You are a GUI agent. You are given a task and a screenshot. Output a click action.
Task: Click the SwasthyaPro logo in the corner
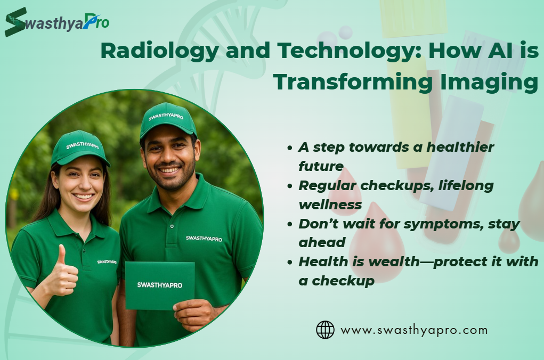click(x=57, y=22)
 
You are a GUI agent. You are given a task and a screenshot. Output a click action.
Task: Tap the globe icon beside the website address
click(x=325, y=330)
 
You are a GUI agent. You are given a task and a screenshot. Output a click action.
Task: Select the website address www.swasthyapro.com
click(x=414, y=330)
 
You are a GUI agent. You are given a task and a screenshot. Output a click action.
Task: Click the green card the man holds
click(x=160, y=286)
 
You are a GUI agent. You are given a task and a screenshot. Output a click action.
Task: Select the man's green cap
click(x=168, y=120)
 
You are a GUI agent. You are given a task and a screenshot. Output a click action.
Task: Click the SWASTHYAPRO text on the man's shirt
click(x=204, y=239)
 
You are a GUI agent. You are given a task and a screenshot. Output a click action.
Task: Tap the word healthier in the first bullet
click(x=460, y=147)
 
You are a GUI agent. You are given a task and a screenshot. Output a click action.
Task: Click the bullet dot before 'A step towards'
click(x=290, y=148)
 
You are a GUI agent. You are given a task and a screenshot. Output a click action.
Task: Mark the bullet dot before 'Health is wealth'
click(x=290, y=262)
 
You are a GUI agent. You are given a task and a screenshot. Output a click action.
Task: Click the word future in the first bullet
click(x=321, y=166)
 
